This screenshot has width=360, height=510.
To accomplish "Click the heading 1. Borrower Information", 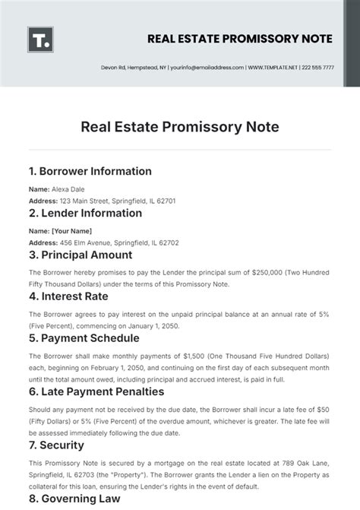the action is pyautogui.click(x=90, y=171).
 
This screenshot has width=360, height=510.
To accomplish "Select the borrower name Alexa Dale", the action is pyautogui.click(x=67, y=188).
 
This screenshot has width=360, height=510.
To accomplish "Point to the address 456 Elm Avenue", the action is pyautogui.click(x=83, y=242).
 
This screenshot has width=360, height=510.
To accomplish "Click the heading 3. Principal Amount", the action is pyautogui.click(x=80, y=255).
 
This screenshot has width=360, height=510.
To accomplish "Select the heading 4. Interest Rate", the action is pyautogui.click(x=69, y=296).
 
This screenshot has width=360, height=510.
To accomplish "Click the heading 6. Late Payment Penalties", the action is pyautogui.click(x=96, y=391).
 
